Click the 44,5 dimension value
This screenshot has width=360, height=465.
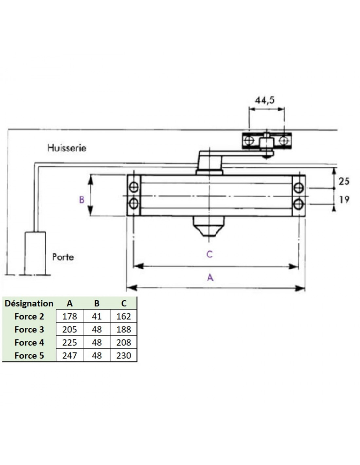[x=264, y=100]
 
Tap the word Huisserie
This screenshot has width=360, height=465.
[x=67, y=148]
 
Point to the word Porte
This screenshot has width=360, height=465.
[x=63, y=257]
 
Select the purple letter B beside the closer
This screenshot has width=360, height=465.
[x=82, y=200]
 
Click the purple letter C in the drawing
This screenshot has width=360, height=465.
[x=209, y=254]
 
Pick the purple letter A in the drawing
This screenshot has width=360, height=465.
[x=210, y=278]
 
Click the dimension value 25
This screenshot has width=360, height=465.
[x=344, y=181]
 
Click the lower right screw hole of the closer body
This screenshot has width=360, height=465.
[x=298, y=204]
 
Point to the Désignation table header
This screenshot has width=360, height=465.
[x=29, y=303]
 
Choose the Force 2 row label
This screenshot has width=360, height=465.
[x=29, y=317]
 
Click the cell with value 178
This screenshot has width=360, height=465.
[x=70, y=317]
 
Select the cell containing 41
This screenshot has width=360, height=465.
[x=97, y=317]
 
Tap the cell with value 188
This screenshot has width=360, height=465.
[x=124, y=330]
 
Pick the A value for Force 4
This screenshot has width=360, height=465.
[x=70, y=342]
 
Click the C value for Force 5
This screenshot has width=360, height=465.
[x=124, y=355]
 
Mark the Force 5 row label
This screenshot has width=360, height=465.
[x=29, y=356]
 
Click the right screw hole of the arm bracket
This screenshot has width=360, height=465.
[x=284, y=141]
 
